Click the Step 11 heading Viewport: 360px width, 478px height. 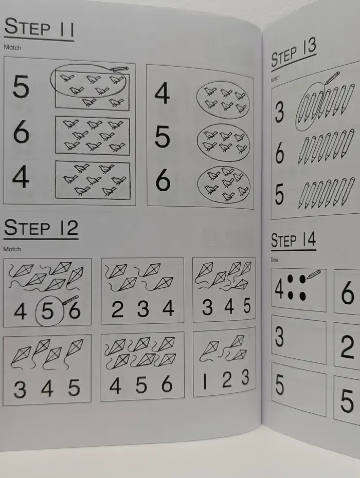tap(39, 28)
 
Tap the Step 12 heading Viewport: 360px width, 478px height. tap(41, 228)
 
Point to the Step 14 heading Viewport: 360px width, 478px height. tap(293, 240)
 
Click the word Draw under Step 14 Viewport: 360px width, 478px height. tap(275, 260)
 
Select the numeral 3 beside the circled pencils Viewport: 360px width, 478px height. tap(279, 113)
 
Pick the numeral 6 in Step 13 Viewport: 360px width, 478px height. tap(279, 154)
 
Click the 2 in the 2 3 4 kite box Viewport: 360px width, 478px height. tap(117, 309)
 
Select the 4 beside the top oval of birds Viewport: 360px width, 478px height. tap(162, 95)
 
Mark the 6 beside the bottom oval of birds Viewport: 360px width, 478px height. tap(163, 181)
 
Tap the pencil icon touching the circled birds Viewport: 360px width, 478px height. tap(119, 69)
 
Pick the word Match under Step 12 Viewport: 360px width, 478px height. tap(12, 249)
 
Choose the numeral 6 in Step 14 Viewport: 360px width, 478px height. tap(348, 293)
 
